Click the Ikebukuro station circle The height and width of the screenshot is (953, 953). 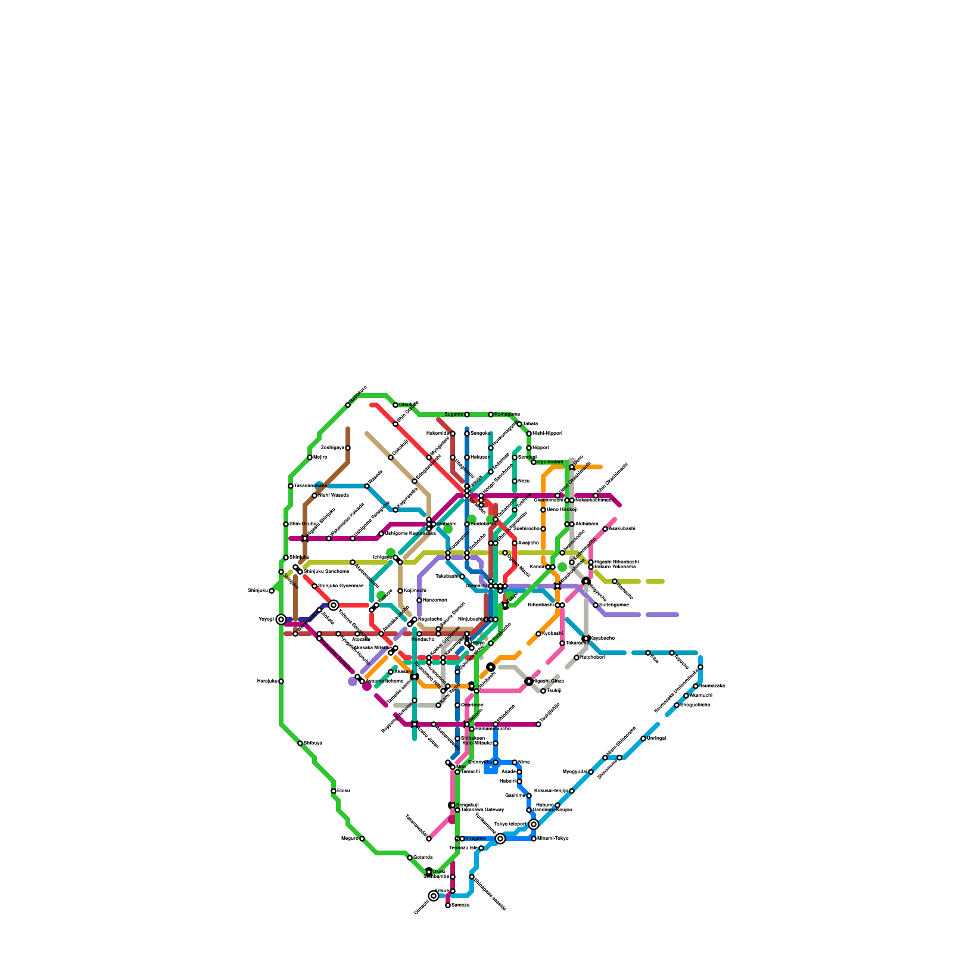(x=348, y=405)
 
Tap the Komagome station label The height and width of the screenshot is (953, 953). (x=507, y=415)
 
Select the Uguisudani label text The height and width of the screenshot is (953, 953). (x=550, y=462)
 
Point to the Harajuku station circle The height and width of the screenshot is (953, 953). (x=281, y=681)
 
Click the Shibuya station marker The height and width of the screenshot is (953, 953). (x=300, y=743)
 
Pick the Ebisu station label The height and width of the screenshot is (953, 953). (x=343, y=791)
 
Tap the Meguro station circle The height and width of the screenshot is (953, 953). (x=362, y=839)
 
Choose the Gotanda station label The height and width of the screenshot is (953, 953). (x=422, y=858)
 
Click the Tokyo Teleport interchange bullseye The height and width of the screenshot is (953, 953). (x=534, y=824)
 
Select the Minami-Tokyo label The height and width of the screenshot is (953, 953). (x=553, y=839)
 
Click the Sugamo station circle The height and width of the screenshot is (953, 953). (x=467, y=415)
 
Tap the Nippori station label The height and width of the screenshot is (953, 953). (x=540, y=448)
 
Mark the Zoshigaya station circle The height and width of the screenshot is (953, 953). (x=348, y=448)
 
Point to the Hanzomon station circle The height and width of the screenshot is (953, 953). (x=419, y=600)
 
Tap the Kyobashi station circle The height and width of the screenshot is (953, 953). (x=538, y=634)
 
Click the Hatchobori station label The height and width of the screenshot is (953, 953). (x=592, y=658)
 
